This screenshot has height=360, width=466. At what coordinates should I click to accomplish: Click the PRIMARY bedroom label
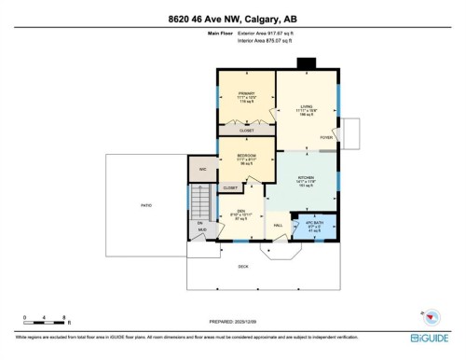pos(246,93)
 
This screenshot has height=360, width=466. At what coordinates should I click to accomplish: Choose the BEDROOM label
pos(246,155)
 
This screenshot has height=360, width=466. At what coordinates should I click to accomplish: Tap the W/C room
pos(201,169)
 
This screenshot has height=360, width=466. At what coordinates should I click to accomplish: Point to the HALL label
pos(278,225)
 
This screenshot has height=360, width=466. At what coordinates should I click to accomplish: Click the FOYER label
pos(326,137)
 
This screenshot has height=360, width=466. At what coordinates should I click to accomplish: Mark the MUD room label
pos(199,228)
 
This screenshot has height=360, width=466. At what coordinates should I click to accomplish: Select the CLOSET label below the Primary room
pos(246,132)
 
